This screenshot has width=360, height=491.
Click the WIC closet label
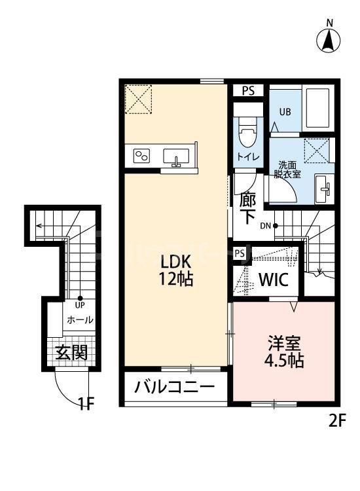tap(274, 280)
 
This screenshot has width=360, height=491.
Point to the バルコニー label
tap(175, 387)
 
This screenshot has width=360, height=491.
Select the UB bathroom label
tap(285, 111)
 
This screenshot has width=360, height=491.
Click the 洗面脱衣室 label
tap(289, 170)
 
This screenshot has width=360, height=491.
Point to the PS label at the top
tap(248, 91)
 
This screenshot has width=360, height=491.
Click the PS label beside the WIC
tap(240, 253)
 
